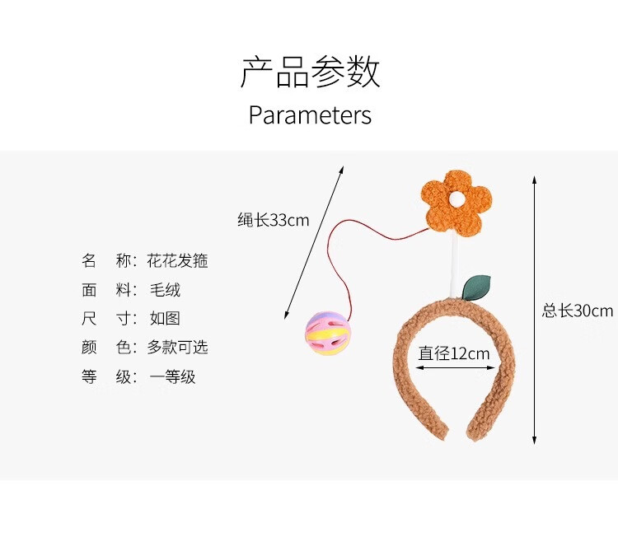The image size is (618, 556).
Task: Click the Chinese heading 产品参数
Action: coord(310,73)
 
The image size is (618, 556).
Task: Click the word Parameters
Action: coord(310,115)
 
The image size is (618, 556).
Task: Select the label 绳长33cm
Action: coord(273,220)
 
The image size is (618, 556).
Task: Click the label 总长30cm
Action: coord(577,311)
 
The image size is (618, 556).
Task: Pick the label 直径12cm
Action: coord(453,353)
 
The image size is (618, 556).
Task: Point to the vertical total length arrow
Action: coord(535,309)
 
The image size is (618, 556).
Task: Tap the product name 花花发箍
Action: coord(177,261)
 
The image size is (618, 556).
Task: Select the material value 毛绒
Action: coord(165,290)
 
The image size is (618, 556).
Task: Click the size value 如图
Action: coord(164,319)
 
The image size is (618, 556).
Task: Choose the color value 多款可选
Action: coord(177,348)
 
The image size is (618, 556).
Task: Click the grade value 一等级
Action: coord(172,377)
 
